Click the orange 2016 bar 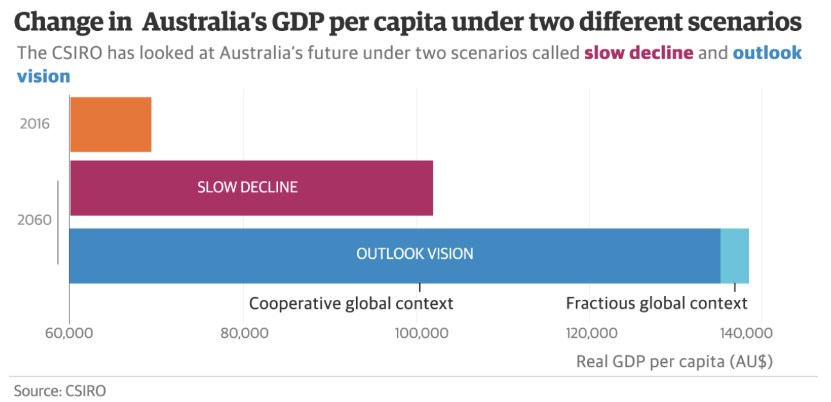tap(110, 125)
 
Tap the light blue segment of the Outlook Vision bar tap(734, 256)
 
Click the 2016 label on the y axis tap(35, 124)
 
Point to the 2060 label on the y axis tap(35, 221)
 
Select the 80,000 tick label tap(243, 334)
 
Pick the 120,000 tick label tap(590, 334)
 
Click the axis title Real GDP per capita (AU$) tap(674, 362)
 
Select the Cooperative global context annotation tap(351, 303)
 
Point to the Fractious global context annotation tap(656, 303)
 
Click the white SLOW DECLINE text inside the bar tap(247, 188)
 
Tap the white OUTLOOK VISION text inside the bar tap(414, 254)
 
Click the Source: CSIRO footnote tap(60, 390)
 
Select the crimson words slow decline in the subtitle tap(638, 53)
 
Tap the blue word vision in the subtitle tap(43, 76)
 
